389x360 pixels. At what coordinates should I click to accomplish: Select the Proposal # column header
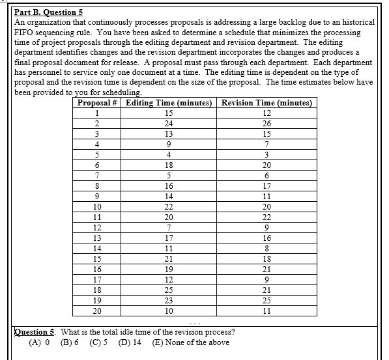click(97, 103)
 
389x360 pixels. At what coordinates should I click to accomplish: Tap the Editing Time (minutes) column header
click(169, 103)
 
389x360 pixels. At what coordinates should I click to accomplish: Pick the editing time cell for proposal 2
click(169, 124)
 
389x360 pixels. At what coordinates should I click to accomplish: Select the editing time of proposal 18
click(169, 290)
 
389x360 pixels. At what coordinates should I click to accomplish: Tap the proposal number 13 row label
click(97, 238)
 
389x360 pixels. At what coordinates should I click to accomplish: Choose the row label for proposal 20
click(97, 311)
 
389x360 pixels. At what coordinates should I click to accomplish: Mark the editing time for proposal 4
click(169, 145)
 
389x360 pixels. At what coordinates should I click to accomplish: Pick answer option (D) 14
click(131, 342)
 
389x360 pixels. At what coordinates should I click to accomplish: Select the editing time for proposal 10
click(169, 207)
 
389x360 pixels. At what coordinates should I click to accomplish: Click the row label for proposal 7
click(97, 176)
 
